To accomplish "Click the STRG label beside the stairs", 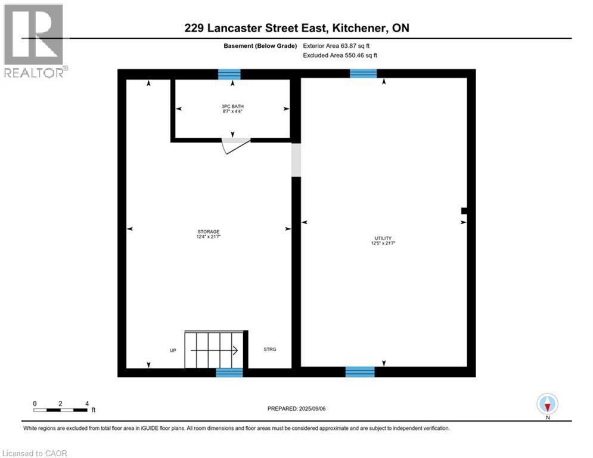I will [270, 349].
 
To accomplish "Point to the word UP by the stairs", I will [173, 350].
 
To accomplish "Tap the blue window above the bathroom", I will [229, 74].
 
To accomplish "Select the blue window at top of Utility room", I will [363, 73].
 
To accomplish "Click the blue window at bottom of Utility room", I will [360, 372].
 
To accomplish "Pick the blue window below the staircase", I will [229, 372].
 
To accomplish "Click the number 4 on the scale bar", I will [87, 404].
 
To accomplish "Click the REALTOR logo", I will [35, 41].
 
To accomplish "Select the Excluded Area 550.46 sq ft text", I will [340, 55].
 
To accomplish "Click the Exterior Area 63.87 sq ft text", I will [340, 45].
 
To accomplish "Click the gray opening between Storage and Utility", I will [296, 159].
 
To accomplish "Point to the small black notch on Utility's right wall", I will [464, 210].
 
